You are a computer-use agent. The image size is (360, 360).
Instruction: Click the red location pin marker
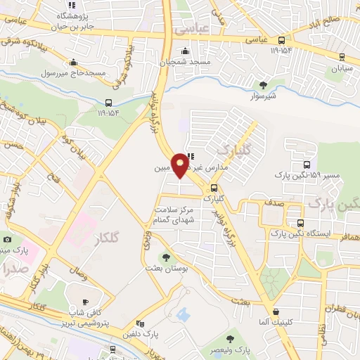(180, 164)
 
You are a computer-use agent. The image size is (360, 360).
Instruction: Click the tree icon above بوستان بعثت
(167, 257)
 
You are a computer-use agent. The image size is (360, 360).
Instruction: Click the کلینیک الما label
(276, 324)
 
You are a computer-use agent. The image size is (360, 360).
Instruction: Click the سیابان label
(341, 70)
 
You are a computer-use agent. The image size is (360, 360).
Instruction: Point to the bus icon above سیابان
(342, 58)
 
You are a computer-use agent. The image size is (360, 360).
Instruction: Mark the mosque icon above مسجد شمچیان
(185, 50)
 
